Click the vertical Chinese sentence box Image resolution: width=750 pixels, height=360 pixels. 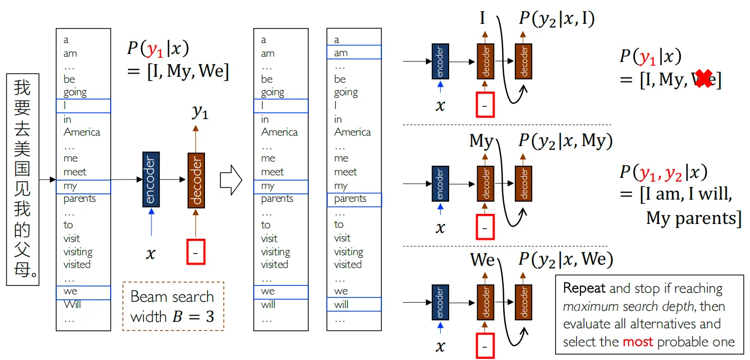click(x=23, y=179)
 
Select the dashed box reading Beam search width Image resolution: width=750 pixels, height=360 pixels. click(x=173, y=307)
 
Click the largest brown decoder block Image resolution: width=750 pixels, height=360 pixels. click(x=196, y=180)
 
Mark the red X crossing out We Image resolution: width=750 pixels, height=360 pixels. click(x=703, y=79)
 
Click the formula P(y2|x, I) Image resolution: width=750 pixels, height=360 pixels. click(x=556, y=19)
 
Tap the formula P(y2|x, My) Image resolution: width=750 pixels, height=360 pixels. click(x=565, y=140)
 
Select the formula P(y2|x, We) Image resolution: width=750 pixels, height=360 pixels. click(x=565, y=259)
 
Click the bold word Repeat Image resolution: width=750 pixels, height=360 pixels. click(x=584, y=289)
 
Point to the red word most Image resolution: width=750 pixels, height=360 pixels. click(x=638, y=342)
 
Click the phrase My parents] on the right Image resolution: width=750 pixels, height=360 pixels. click(x=693, y=218)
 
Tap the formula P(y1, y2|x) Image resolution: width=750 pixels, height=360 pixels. click(x=663, y=173)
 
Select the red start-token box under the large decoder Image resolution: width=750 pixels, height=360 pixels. click(x=195, y=252)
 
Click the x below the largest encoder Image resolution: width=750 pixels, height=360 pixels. click(x=151, y=254)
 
